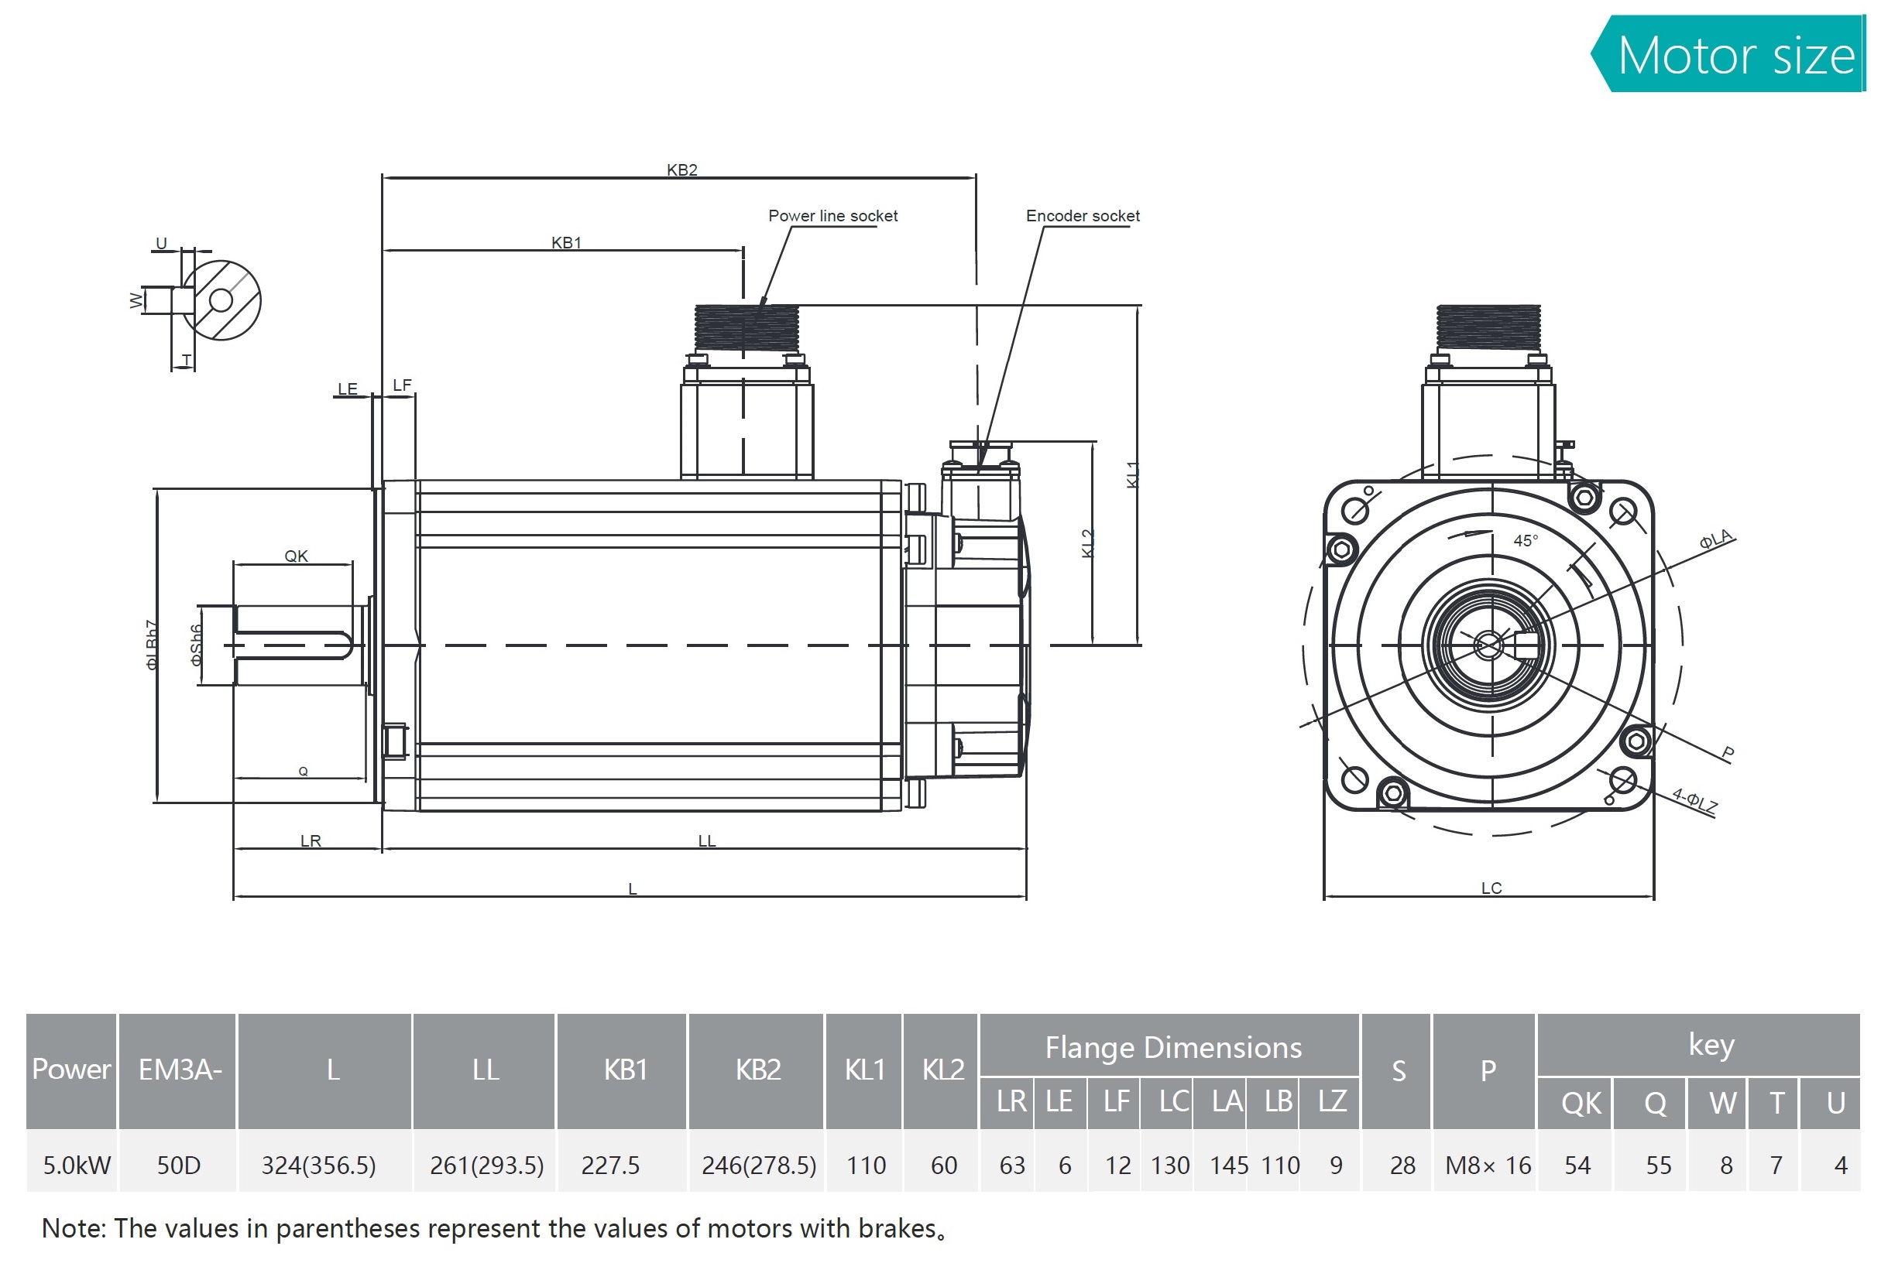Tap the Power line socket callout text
pyautogui.click(x=832, y=216)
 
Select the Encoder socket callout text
pyautogui.click(x=1082, y=216)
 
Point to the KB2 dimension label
pyautogui.click(x=681, y=169)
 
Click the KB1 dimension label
pyautogui.click(x=566, y=243)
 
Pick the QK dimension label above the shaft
pyautogui.click(x=297, y=556)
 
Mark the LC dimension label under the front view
pyautogui.click(x=1491, y=888)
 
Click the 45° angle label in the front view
pyautogui.click(x=1525, y=540)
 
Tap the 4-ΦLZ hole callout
pyautogui.click(x=1695, y=800)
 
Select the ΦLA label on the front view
pyautogui.click(x=1715, y=539)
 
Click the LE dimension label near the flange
pyautogui.click(x=347, y=389)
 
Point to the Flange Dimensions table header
pyautogui.click(x=1172, y=1048)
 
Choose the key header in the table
pyautogui.click(x=1711, y=1044)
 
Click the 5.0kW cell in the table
pyautogui.click(x=76, y=1165)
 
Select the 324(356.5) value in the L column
pyautogui.click(x=318, y=1165)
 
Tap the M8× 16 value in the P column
pyautogui.click(x=1488, y=1165)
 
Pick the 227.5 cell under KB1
pyautogui.click(x=610, y=1165)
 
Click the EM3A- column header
pyautogui.click(x=180, y=1070)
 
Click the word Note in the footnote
pyautogui.click(x=73, y=1228)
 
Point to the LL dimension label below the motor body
pyautogui.click(x=706, y=841)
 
